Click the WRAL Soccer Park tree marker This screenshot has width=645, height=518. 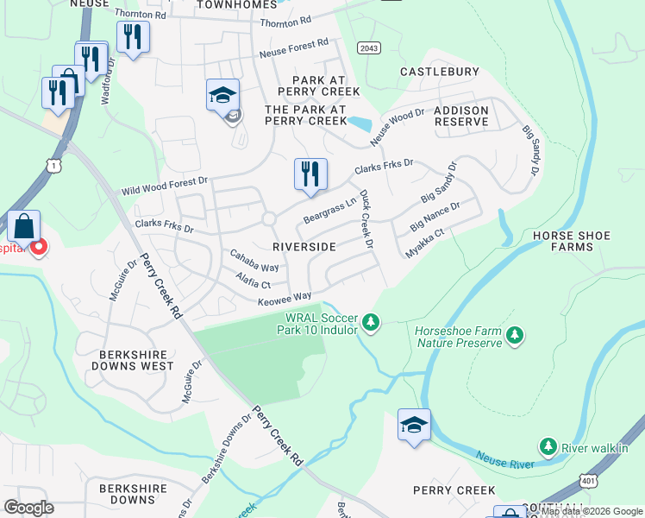point(371,322)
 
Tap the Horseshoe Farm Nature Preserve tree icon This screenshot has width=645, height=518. point(515,334)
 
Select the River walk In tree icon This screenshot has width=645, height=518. point(547,446)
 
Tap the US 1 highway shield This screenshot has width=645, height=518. point(55,164)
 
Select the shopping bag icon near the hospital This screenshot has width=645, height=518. point(25,227)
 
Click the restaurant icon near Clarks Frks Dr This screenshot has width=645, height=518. point(310,174)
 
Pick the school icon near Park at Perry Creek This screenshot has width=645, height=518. point(222,95)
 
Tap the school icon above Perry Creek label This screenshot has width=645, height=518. point(414,426)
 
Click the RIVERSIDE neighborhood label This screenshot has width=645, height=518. point(304,247)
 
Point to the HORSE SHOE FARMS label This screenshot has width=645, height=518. point(571,241)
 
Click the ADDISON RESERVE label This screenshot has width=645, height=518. point(460,117)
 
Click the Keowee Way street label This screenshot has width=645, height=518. point(284,300)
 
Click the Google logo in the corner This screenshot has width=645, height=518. point(29,507)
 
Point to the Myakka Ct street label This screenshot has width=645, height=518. point(425,244)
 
